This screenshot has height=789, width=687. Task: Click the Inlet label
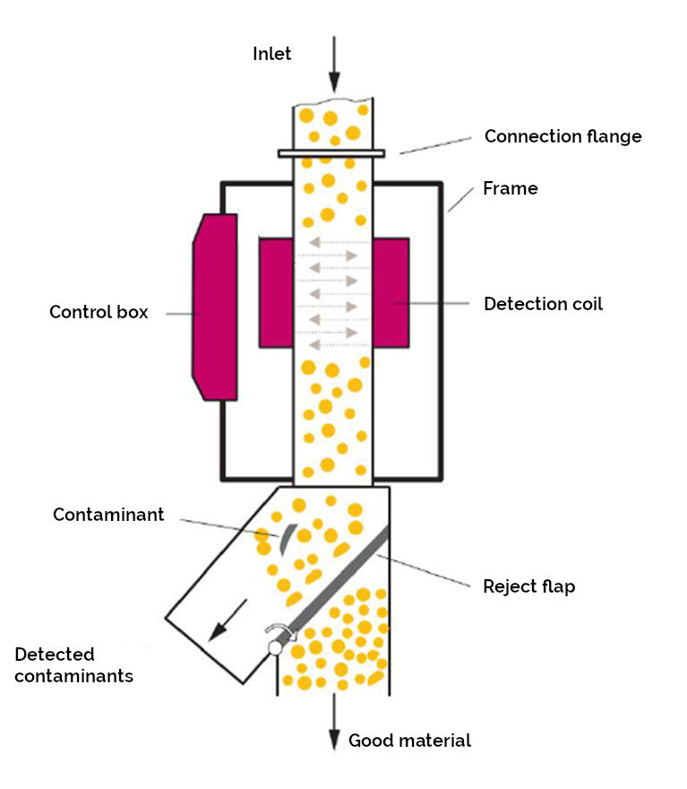tap(271, 54)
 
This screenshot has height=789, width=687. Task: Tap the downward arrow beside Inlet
tap(334, 65)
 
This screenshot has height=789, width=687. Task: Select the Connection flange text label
tap(562, 136)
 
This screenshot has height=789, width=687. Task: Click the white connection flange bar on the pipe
tap(331, 153)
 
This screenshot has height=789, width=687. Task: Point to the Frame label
tap(510, 188)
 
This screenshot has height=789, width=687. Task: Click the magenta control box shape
tap(215, 307)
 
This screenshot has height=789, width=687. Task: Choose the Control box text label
tap(99, 312)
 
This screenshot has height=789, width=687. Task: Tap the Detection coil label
tap(543, 304)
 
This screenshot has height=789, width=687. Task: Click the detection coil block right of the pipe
tap(391, 293)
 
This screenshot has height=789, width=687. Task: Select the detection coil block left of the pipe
tap(276, 293)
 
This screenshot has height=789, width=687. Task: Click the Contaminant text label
tap(108, 515)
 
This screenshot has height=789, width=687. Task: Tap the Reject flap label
tap(529, 586)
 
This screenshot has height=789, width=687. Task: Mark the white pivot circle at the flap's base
tap(275, 647)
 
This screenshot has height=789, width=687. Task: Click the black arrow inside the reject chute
tap(228, 620)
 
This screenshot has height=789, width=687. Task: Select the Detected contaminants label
tap(73, 664)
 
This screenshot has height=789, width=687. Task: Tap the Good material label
tap(409, 741)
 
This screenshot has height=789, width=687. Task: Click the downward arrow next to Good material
tap(334, 722)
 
